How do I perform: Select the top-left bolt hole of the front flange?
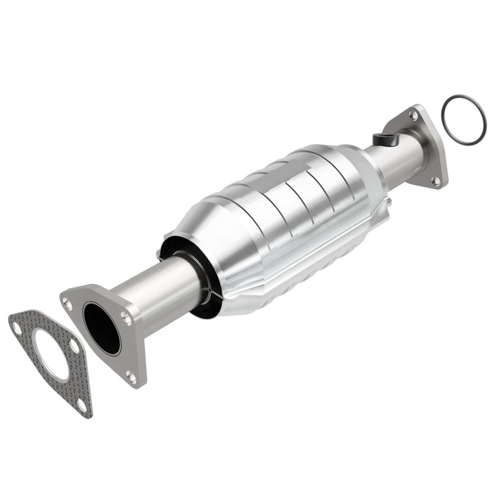click(67, 303)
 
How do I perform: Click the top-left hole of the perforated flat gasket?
click(15, 324)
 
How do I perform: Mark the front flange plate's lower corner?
click(134, 383)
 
